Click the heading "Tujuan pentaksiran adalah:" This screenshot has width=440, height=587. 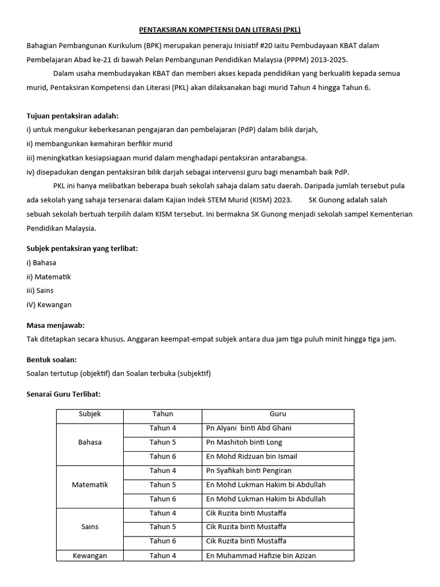point(73,115)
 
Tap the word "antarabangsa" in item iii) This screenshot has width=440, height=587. point(283,158)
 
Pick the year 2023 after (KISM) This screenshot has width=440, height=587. point(282,200)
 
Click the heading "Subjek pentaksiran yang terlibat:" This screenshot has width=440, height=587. point(82,248)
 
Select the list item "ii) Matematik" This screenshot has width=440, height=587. point(49,277)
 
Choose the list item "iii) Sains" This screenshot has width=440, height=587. point(40,291)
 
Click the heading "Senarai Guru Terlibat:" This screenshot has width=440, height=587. point(64,394)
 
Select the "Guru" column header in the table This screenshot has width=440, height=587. point(278,414)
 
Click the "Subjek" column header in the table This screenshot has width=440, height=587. point(90,414)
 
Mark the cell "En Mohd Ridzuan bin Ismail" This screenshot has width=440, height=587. point(252,456)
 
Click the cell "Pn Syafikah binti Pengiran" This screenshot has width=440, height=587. point(249,471)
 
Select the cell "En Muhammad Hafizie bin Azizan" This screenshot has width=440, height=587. point(261,555)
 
